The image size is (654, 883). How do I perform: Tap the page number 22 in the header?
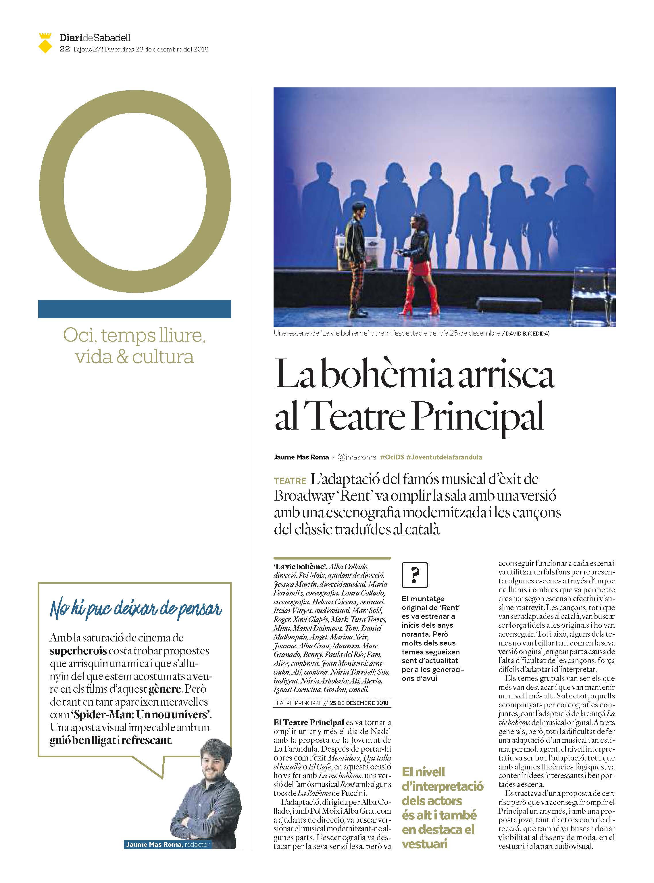(65, 49)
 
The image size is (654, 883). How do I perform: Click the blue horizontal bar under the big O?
(134, 309)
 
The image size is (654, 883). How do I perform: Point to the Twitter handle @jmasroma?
(357, 457)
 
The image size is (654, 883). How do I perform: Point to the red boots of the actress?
(420, 301)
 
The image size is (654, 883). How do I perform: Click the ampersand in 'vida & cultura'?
(123, 357)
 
